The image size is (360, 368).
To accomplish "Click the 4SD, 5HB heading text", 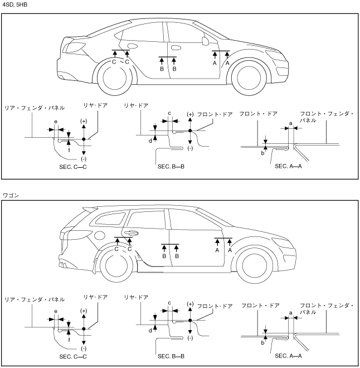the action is (x=15, y=4).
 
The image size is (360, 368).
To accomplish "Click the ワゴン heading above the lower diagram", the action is (x=11, y=195).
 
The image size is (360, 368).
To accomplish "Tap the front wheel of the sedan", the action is (x=249, y=78).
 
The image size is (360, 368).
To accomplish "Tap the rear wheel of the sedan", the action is (x=115, y=78).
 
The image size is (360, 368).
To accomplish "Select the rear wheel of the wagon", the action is (x=116, y=265).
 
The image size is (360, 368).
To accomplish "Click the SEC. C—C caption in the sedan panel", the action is (x=73, y=167).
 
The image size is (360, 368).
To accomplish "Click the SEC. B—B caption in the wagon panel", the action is (x=171, y=356).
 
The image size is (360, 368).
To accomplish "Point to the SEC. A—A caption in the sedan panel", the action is (x=288, y=166).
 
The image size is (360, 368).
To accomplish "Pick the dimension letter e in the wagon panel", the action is (x=56, y=312).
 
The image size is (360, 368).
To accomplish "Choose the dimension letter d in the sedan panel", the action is (x=150, y=141).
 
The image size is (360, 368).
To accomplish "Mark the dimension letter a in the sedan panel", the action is (x=291, y=123).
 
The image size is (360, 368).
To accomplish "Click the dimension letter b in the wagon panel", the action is (x=262, y=343).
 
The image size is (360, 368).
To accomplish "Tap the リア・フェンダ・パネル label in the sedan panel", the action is (x=35, y=108).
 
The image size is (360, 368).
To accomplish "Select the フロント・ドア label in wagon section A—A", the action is (x=260, y=306).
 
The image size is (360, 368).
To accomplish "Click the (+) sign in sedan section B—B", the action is (x=190, y=114).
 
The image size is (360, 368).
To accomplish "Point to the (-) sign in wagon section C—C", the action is (x=84, y=348).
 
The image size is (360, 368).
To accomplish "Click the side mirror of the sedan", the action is (x=206, y=41).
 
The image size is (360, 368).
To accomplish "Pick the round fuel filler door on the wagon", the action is (x=99, y=235).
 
